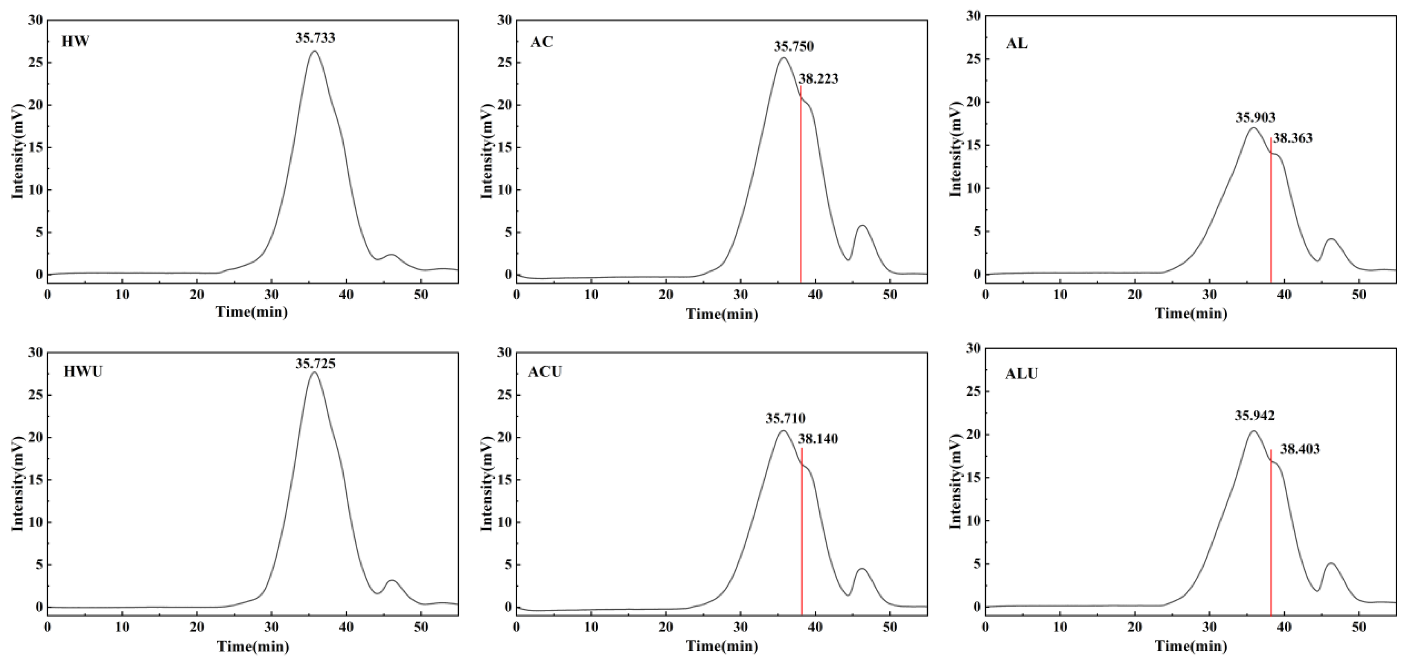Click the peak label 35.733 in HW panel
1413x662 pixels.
tap(315, 38)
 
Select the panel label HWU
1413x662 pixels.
tap(83, 372)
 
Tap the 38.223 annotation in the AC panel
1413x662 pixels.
tap(818, 79)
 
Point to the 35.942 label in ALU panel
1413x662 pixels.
tap(1255, 416)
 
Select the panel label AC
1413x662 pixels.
tap(542, 42)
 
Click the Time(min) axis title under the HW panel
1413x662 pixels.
tap(252, 312)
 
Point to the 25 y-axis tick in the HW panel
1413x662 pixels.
tap(36, 63)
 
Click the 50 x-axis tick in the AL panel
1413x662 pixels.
tap(1359, 294)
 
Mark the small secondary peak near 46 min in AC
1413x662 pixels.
tap(862, 226)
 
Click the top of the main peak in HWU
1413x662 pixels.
tap(314, 373)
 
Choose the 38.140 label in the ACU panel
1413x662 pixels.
tap(818, 439)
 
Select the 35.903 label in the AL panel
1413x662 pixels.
tap(1255, 117)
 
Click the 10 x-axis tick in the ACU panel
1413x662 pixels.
tap(591, 627)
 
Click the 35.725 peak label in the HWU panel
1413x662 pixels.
tap(315, 364)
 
